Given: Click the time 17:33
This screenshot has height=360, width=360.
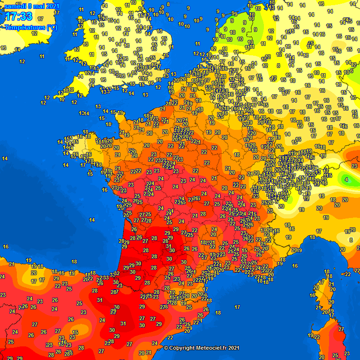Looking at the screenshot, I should click(x=19, y=17).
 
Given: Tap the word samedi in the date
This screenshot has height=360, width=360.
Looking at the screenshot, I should click(x=15, y=6).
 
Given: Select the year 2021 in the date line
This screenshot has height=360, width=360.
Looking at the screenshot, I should click(x=52, y=6).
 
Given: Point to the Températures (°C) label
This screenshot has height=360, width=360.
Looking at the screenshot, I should click(x=30, y=27).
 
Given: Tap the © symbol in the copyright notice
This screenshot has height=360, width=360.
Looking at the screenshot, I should click(x=166, y=348).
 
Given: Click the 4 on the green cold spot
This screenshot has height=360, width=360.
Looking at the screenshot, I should click(x=346, y=179).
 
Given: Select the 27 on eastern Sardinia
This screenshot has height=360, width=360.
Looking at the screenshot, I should click(x=341, y=329).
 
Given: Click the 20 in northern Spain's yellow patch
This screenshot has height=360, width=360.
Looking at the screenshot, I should click(x=33, y=272).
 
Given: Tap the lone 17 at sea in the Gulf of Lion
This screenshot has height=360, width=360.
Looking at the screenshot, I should click(x=237, y=307).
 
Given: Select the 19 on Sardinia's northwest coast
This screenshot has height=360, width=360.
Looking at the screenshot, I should click(x=310, y=335).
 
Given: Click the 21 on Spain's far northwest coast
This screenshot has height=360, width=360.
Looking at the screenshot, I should click(x=12, y=264).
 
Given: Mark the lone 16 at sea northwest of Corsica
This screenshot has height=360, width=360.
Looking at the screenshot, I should click(x=295, y=266).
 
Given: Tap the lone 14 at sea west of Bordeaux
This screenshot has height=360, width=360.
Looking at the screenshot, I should click(x=92, y=219).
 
